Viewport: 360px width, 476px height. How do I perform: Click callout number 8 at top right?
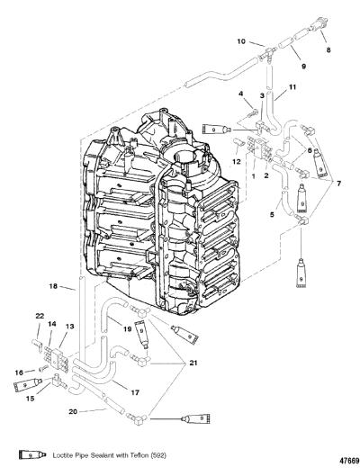328,50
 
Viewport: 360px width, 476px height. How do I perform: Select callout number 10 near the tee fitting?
241,41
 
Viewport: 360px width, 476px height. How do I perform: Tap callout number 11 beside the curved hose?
292,86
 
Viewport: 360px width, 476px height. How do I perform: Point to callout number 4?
240,94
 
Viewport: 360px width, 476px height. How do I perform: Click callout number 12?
237,161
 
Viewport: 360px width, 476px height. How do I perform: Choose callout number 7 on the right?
338,184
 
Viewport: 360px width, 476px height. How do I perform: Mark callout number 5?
272,214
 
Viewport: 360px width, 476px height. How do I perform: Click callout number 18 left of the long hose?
53,285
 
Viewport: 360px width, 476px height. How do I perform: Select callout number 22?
40,316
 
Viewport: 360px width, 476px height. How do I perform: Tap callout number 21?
193,363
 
